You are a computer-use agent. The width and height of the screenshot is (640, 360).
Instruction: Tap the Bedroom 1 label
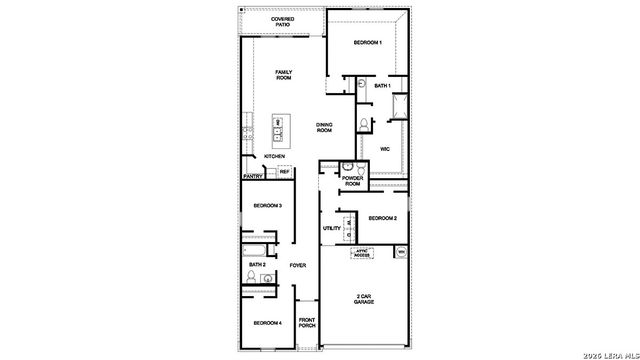[367, 43]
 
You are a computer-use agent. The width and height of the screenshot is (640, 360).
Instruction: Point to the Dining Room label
[324, 127]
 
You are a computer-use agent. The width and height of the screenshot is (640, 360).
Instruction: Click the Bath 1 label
[382, 86]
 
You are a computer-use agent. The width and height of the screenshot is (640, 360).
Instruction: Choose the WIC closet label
[384, 150]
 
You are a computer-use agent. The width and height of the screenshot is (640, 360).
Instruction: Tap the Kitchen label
[274, 157]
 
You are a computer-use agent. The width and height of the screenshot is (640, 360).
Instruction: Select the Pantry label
[253, 177]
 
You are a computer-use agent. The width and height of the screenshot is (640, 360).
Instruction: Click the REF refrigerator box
[284, 172]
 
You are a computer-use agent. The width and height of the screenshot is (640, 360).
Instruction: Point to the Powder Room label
[352, 180]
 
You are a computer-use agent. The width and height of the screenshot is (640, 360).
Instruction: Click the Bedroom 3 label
[267, 205]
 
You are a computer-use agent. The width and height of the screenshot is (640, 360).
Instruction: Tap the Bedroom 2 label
[382, 218]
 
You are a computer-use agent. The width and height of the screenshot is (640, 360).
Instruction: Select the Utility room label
[332, 228]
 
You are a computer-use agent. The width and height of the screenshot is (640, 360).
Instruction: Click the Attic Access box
[362, 252]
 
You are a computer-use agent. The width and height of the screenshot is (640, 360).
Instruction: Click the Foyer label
[298, 265]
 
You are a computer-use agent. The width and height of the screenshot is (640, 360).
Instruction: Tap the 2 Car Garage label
[363, 300]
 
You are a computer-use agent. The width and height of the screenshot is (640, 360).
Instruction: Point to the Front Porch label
[306, 323]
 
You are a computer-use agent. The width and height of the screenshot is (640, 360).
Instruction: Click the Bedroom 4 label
[267, 322]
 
